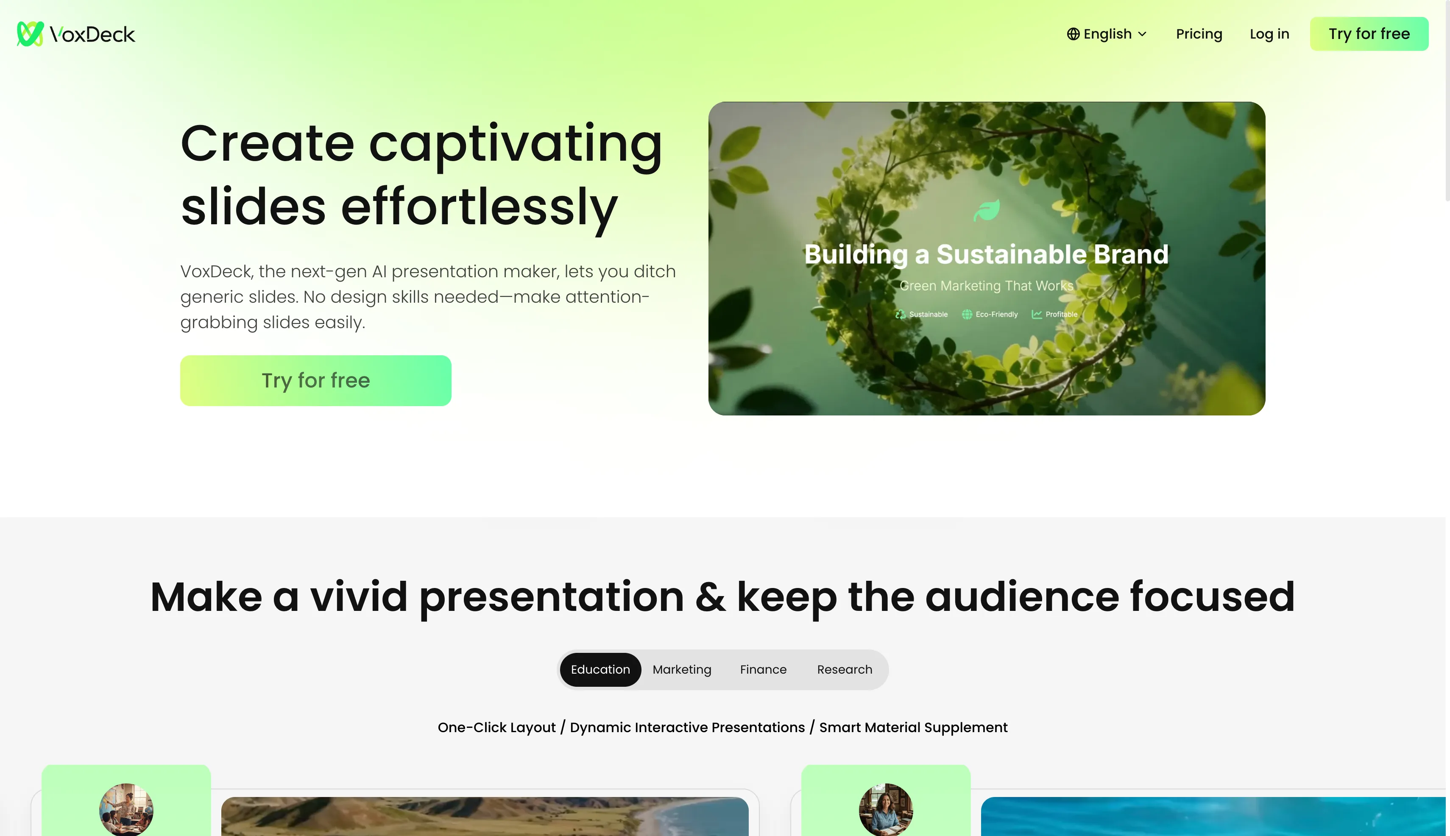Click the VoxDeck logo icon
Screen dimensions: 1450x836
(x=30, y=34)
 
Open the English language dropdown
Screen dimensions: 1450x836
(x=1107, y=34)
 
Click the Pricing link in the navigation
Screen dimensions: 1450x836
(x=1199, y=34)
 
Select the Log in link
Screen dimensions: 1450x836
(x=1269, y=34)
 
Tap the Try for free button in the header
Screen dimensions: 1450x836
(x=1369, y=34)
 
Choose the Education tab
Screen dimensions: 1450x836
(x=600, y=669)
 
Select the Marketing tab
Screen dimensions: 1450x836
(x=682, y=669)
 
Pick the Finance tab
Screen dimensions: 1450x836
(x=763, y=669)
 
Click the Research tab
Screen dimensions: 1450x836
(x=844, y=669)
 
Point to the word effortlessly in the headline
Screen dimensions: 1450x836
(x=479, y=208)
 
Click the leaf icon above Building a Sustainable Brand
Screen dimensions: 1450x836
(x=987, y=210)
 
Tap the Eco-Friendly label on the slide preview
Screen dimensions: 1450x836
(x=990, y=314)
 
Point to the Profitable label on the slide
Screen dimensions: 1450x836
(x=1054, y=314)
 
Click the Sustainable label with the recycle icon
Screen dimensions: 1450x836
(x=921, y=314)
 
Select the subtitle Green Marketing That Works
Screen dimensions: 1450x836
(x=986, y=285)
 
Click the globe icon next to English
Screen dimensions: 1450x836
(x=1073, y=34)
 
